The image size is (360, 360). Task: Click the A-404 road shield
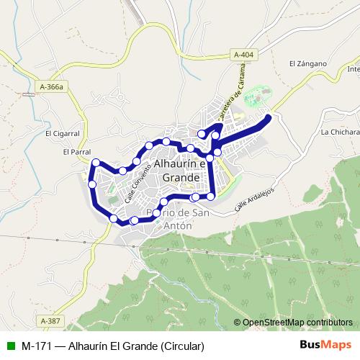pos(244,54)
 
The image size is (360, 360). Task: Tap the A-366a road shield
pos(52,87)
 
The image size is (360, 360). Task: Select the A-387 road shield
pos(50,320)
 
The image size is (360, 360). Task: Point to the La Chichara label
pos(340,132)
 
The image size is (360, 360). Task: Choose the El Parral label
pos(74,152)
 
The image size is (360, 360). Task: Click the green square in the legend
pos(9,345)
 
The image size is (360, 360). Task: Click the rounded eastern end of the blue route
pos(269,118)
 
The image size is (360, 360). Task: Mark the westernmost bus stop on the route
pos(92,185)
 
